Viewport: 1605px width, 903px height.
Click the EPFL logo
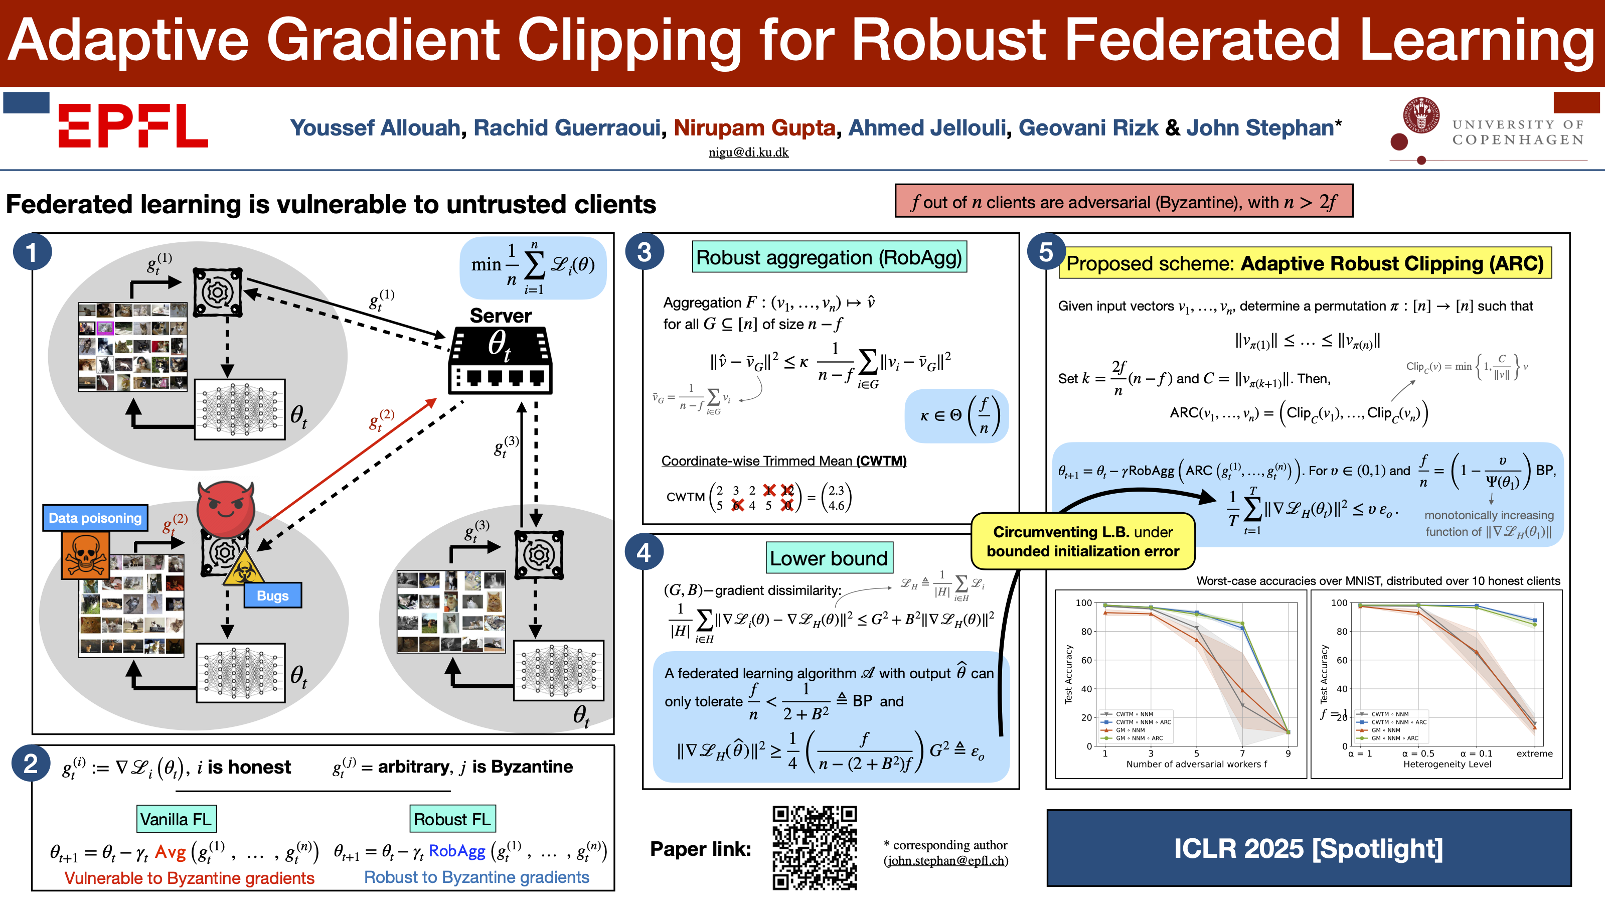(x=133, y=125)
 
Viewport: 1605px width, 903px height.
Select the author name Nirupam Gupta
(x=754, y=128)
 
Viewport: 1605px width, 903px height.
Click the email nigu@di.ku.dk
(x=748, y=152)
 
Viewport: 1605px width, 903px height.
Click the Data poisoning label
(x=95, y=518)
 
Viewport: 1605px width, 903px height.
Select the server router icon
(x=501, y=361)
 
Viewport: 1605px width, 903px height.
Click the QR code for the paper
(x=815, y=847)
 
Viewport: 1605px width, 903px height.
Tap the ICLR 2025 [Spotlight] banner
(x=1309, y=848)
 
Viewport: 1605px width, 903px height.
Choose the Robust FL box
(x=452, y=819)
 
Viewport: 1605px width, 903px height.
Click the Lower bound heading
(x=829, y=558)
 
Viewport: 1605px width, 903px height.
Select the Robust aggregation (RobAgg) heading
(x=829, y=257)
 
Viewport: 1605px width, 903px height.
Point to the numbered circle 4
(x=644, y=552)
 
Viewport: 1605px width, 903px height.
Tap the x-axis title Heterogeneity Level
(x=1447, y=764)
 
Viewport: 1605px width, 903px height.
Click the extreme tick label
(x=1534, y=754)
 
